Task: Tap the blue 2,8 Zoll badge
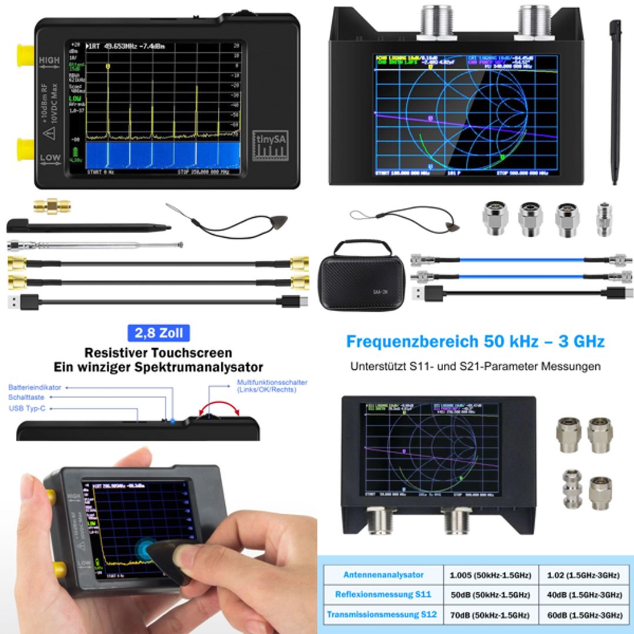tap(158, 333)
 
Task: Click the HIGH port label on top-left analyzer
tap(50, 60)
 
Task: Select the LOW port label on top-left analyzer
tap(50, 157)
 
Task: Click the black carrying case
tap(361, 275)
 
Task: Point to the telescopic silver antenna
tap(94, 245)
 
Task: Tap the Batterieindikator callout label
tap(35, 387)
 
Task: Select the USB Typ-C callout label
tap(27, 408)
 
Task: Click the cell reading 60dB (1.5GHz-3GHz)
tap(584, 615)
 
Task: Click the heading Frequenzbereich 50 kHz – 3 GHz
tap(475, 341)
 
